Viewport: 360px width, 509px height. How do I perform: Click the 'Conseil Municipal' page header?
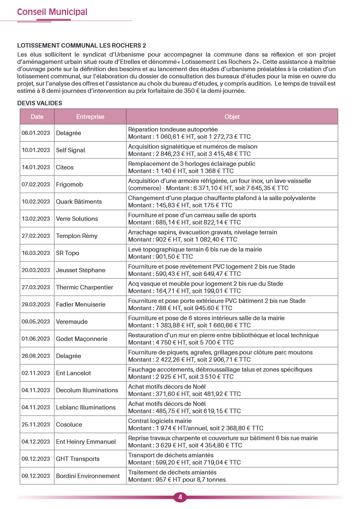52,12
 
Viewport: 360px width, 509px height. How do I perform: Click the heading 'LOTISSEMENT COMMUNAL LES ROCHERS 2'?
82,46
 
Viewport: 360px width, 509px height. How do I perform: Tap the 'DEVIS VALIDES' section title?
40,103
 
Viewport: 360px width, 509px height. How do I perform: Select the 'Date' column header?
37,117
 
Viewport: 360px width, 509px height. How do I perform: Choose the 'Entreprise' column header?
90,117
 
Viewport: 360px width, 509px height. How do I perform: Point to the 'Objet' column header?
232,117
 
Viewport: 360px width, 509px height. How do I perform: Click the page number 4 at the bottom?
180,497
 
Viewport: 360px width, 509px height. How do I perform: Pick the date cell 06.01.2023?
36,133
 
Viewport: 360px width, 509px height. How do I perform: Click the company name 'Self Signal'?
71,150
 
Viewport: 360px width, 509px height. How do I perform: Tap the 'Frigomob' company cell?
69,184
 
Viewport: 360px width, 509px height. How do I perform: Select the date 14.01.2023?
36,167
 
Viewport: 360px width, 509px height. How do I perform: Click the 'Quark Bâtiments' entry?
79,202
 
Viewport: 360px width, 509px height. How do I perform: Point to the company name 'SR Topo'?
68,253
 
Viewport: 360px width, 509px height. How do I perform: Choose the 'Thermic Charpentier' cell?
84,287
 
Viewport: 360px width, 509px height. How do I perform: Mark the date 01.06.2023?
36,339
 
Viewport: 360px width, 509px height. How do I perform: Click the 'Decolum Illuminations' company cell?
87,390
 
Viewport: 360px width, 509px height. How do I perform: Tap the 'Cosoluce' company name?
69,424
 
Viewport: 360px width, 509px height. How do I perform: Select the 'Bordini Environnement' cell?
88,476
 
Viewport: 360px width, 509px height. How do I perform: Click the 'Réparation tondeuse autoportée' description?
173,129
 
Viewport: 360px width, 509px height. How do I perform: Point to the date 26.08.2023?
36,356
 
